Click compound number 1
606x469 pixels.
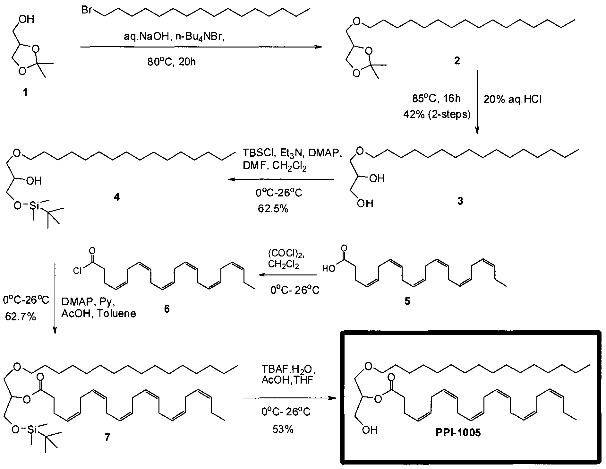(x=24, y=93)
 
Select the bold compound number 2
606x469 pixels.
(x=457, y=60)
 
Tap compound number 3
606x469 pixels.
(x=460, y=201)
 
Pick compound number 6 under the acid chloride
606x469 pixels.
(x=167, y=308)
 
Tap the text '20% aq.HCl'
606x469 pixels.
(x=512, y=100)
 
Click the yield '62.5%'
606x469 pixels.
(x=273, y=209)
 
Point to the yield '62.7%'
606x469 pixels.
(x=20, y=317)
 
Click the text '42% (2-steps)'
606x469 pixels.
(x=437, y=114)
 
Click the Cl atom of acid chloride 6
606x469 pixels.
(x=77, y=271)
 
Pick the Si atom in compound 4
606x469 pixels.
(x=34, y=206)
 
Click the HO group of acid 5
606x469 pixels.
(x=329, y=268)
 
